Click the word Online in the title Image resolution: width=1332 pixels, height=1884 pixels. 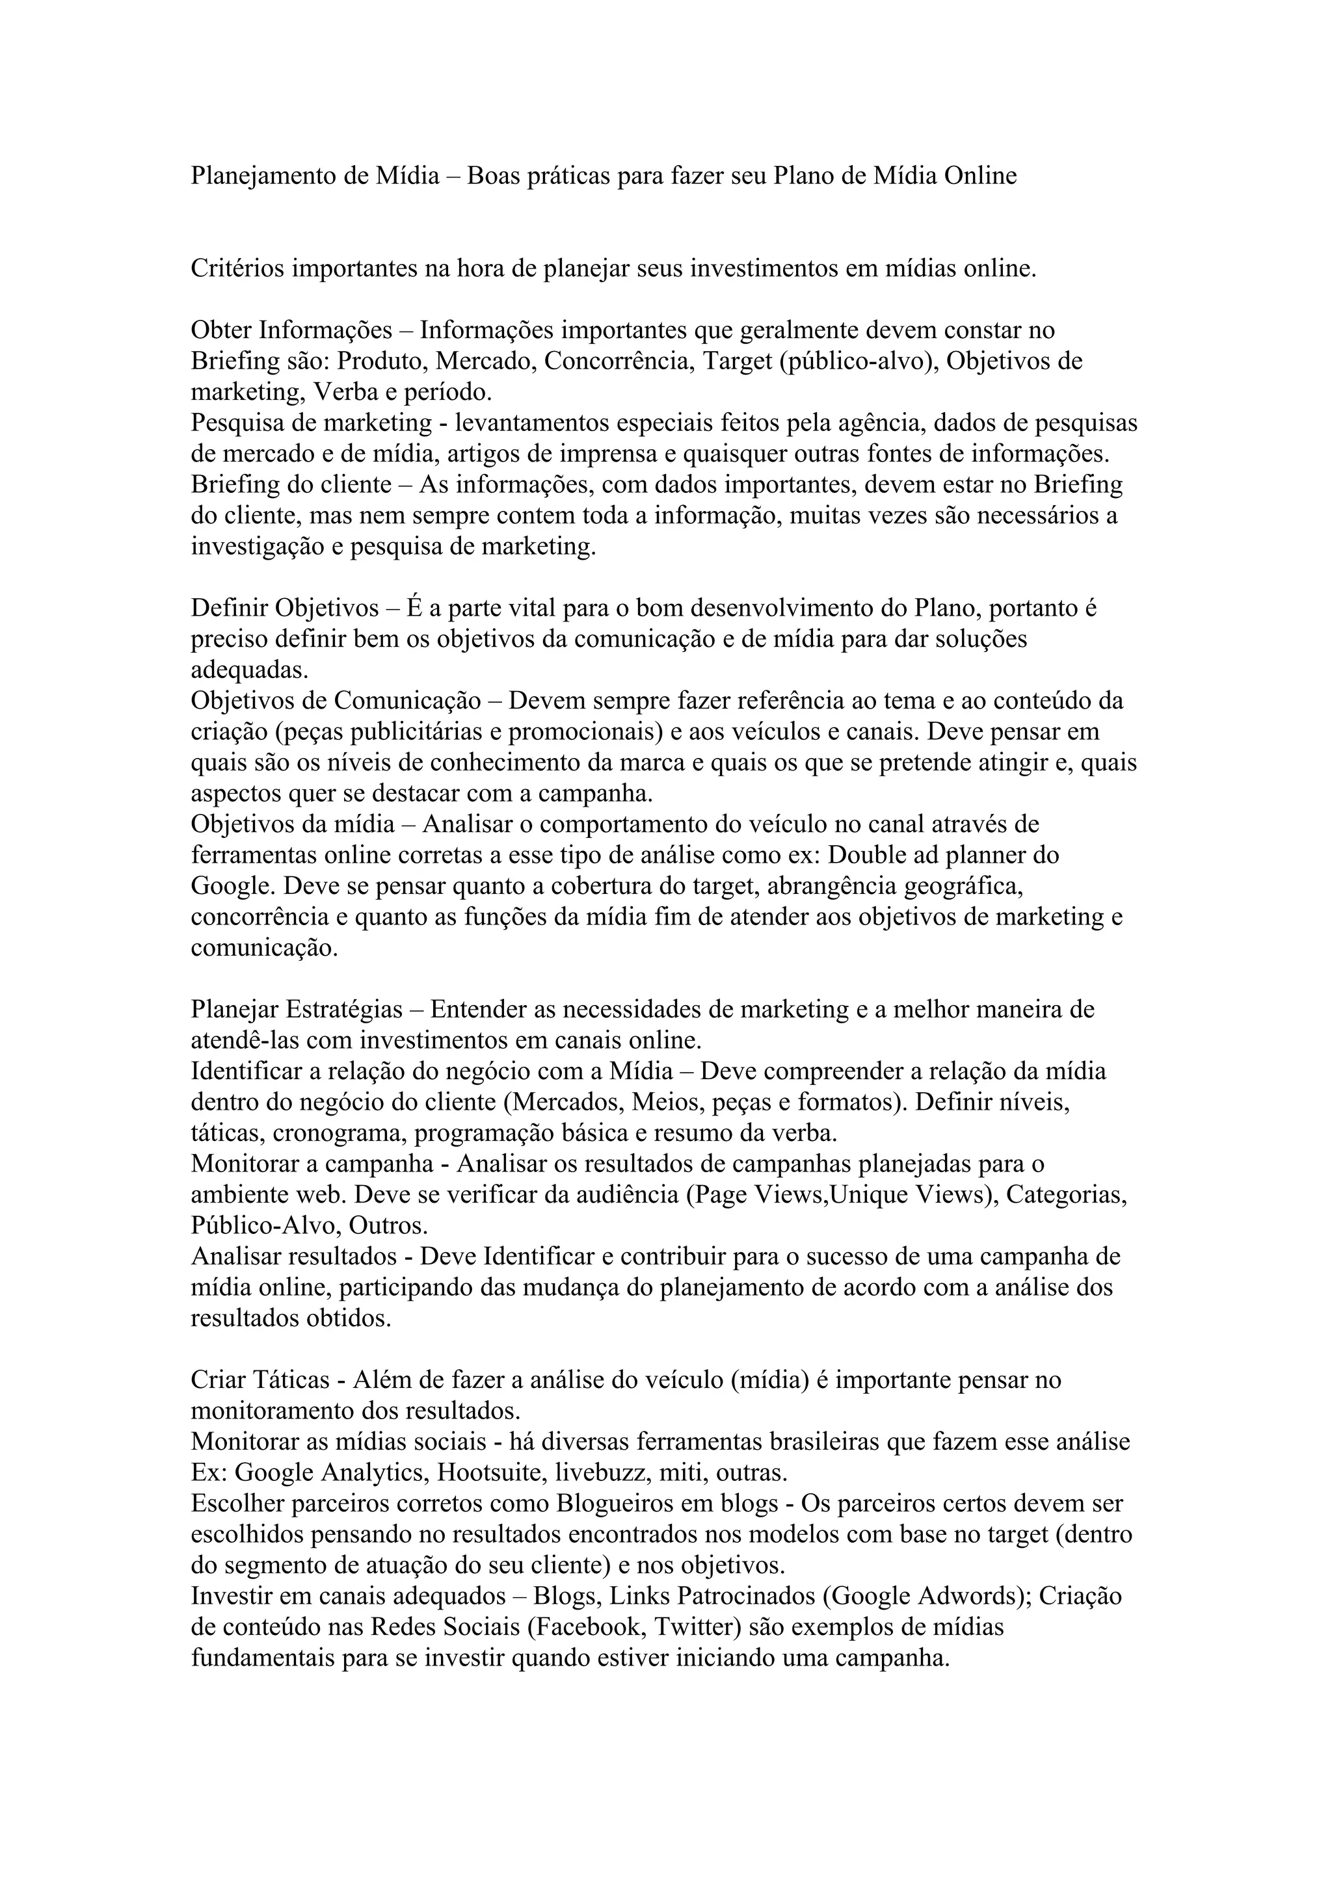(980, 176)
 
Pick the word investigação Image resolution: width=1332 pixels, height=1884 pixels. (257, 547)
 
